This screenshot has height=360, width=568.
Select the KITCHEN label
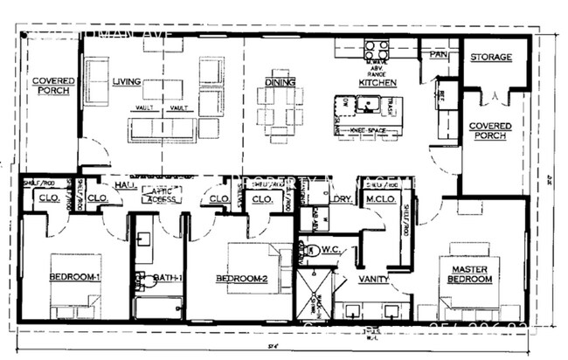(377, 83)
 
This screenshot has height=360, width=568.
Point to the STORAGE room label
(491, 57)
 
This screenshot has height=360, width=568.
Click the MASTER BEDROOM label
(469, 274)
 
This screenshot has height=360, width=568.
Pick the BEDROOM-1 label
(75, 278)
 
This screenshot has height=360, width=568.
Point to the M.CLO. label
(382, 198)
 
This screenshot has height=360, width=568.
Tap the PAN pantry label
(438, 54)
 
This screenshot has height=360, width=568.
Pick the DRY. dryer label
(342, 198)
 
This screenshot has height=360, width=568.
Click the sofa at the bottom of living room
(163, 129)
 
